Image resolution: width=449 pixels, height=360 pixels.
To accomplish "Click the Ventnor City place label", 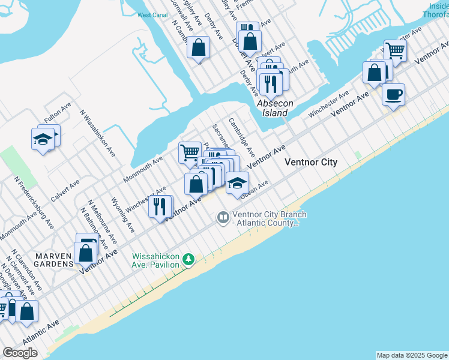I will (311, 163).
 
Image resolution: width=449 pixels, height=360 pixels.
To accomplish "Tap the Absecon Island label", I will (275, 108).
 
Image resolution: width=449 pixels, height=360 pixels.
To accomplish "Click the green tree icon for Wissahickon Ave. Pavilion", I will (189, 259).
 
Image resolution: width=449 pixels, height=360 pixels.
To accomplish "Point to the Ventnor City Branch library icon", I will (223, 217).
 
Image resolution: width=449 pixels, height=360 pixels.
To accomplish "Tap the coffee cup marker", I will (393, 94).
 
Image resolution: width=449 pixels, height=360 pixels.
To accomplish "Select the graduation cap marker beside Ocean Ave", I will (237, 182).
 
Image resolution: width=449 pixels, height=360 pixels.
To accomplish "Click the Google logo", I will (20, 353).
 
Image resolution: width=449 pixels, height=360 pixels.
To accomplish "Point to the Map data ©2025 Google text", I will (411, 355).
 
